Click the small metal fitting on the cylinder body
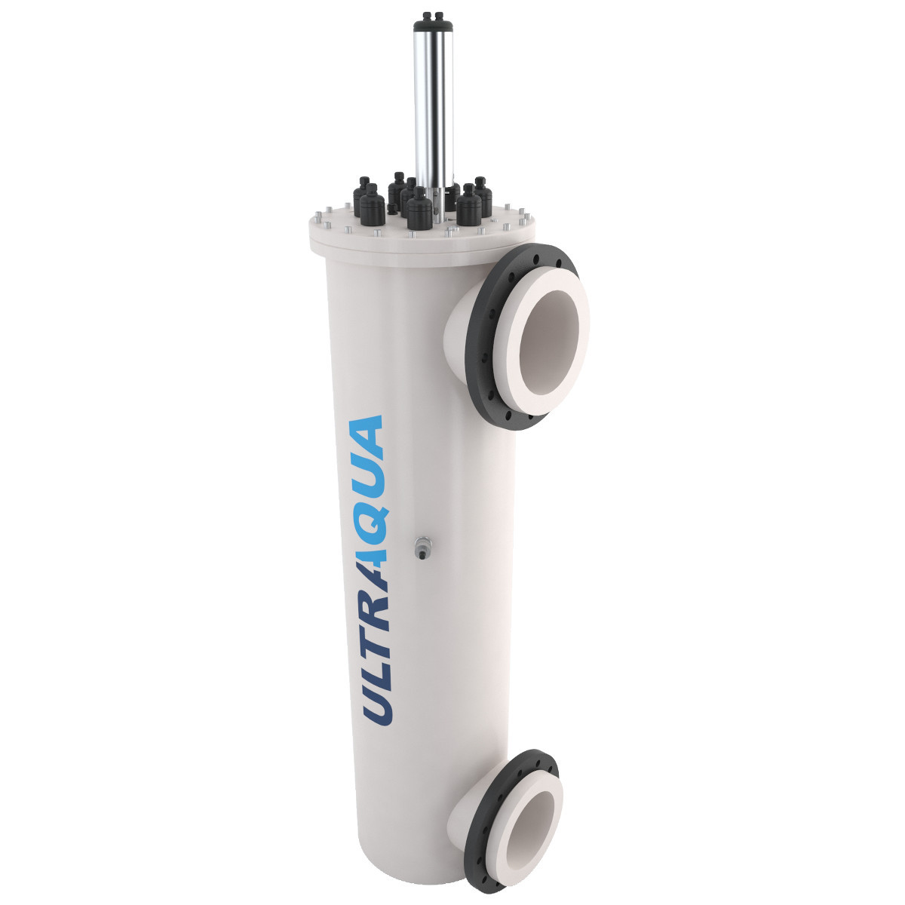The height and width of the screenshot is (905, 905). click(421, 547)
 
